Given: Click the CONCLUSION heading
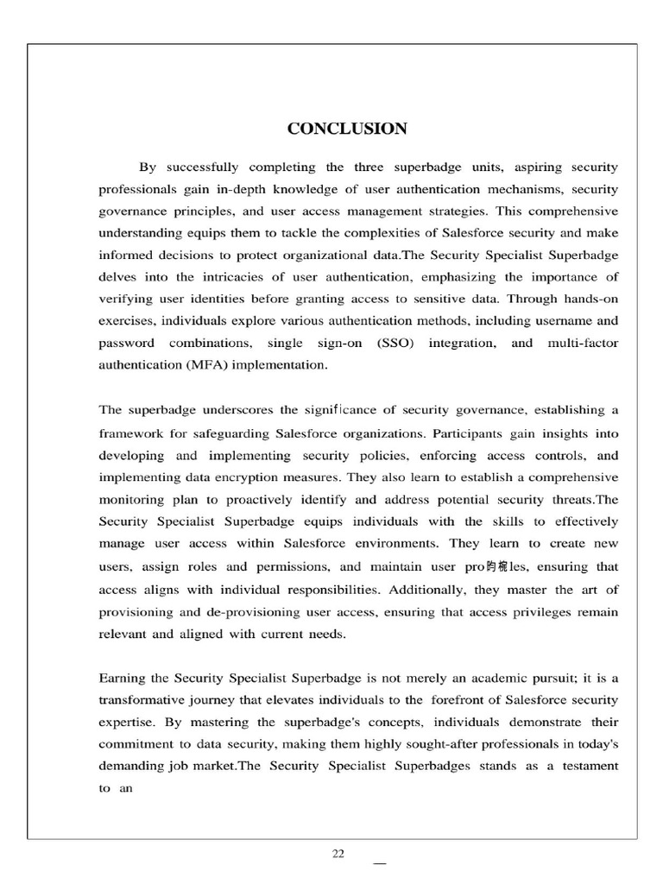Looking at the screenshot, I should (347, 129).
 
